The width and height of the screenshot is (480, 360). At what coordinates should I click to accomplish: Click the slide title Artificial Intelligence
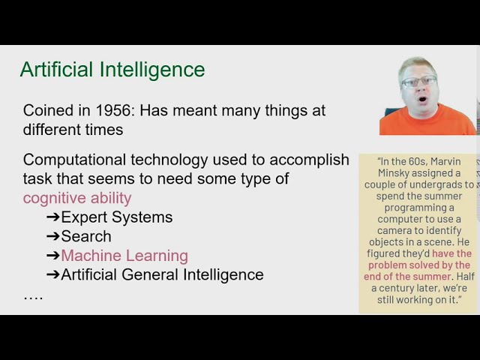112,70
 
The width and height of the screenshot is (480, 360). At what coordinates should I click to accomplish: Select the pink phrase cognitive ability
77,198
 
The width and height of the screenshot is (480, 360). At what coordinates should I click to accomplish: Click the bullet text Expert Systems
116,217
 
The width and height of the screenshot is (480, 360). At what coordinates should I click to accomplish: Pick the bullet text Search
86,236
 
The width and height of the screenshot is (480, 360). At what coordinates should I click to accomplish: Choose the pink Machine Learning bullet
124,256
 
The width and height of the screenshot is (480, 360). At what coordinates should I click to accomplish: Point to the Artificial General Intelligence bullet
162,274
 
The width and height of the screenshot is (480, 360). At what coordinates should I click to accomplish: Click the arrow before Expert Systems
52,217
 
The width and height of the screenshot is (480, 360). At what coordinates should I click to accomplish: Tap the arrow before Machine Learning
52,256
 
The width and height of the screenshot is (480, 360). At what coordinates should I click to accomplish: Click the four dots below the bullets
33,295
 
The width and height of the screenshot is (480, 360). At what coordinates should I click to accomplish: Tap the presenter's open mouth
421,99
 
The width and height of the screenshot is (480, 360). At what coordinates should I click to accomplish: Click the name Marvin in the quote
448,160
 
